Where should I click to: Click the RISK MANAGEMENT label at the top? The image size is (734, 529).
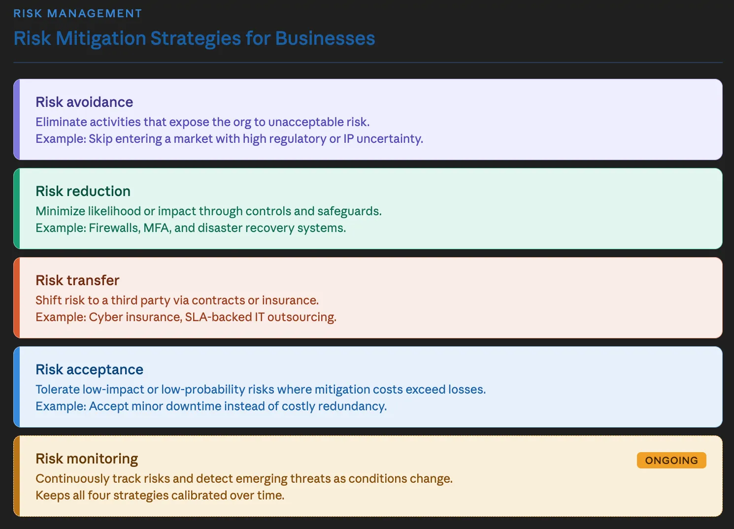pyautogui.click(x=77, y=13)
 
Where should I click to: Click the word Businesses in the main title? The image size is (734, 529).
pyautogui.click(x=325, y=38)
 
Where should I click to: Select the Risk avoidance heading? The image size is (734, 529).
pyautogui.click(x=84, y=102)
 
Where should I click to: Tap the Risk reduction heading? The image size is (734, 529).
pyautogui.click(x=83, y=191)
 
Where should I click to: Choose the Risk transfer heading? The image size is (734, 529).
pyautogui.click(x=77, y=280)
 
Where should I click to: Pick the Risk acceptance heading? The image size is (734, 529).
pyautogui.click(x=89, y=369)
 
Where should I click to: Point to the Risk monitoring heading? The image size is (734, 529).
pyautogui.click(x=87, y=459)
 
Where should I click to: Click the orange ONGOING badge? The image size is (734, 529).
pyautogui.click(x=671, y=460)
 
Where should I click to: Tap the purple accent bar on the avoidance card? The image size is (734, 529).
pyautogui.click(x=17, y=119)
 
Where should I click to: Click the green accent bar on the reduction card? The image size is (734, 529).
pyautogui.click(x=17, y=208)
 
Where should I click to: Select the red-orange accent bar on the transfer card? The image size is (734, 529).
pyautogui.click(x=17, y=298)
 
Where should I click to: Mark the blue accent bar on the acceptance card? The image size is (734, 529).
pyautogui.click(x=17, y=387)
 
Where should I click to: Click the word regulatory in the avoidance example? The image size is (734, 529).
pyautogui.click(x=298, y=139)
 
